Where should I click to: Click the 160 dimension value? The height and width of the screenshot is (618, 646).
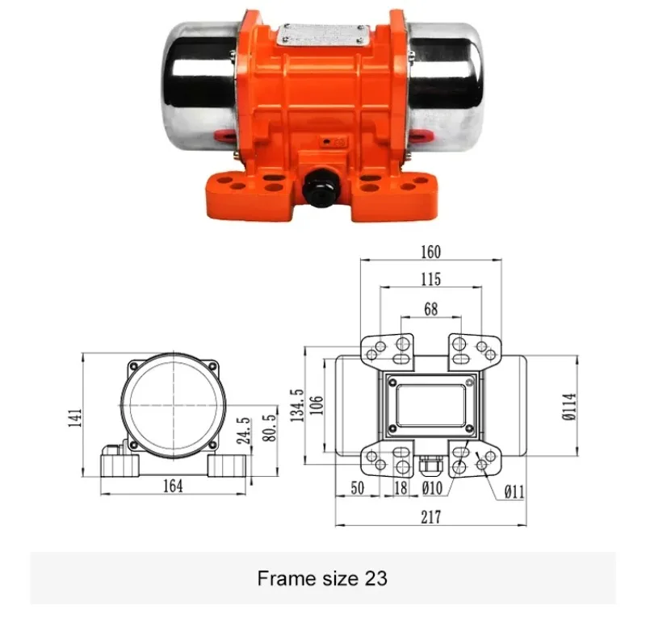point(430,252)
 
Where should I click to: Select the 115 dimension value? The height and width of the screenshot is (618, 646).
point(430,279)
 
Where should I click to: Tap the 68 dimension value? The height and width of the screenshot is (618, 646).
point(430,307)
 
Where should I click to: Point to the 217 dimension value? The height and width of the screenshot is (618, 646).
point(430,517)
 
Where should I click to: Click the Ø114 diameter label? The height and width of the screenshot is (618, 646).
point(568,407)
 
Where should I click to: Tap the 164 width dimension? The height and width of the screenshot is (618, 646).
point(172,486)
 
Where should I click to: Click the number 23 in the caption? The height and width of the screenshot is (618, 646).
point(376,578)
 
